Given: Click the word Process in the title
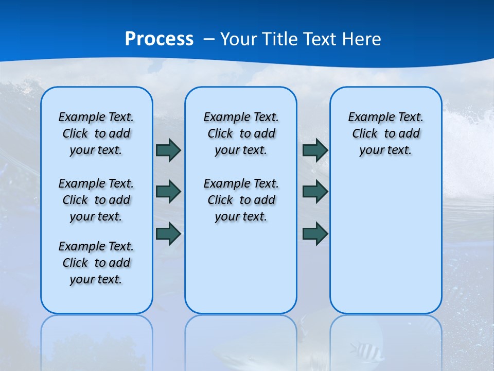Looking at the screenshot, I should pyautogui.click(x=159, y=39).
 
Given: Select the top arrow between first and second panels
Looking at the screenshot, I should pyautogui.click(x=168, y=150).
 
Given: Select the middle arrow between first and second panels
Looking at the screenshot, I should pyautogui.click(x=168, y=192).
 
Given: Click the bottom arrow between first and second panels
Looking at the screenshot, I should pyautogui.click(x=168, y=233).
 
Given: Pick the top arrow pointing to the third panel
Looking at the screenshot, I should pyautogui.click(x=315, y=150).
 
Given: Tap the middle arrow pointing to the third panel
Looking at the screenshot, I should pyautogui.click(x=315, y=192).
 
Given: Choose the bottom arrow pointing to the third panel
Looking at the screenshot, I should pyautogui.click(x=315, y=233).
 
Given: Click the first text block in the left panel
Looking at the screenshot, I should pyautogui.click(x=96, y=133).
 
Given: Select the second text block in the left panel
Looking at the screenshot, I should pyautogui.click(x=96, y=200).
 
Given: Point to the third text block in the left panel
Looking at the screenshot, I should pyautogui.click(x=96, y=263).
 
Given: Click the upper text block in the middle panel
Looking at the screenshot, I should pyautogui.click(x=241, y=133).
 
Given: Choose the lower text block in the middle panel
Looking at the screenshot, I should pyautogui.click(x=241, y=200).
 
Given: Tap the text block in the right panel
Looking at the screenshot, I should pyautogui.click(x=385, y=133).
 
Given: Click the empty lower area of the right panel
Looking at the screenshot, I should pyautogui.click(x=385, y=247).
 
